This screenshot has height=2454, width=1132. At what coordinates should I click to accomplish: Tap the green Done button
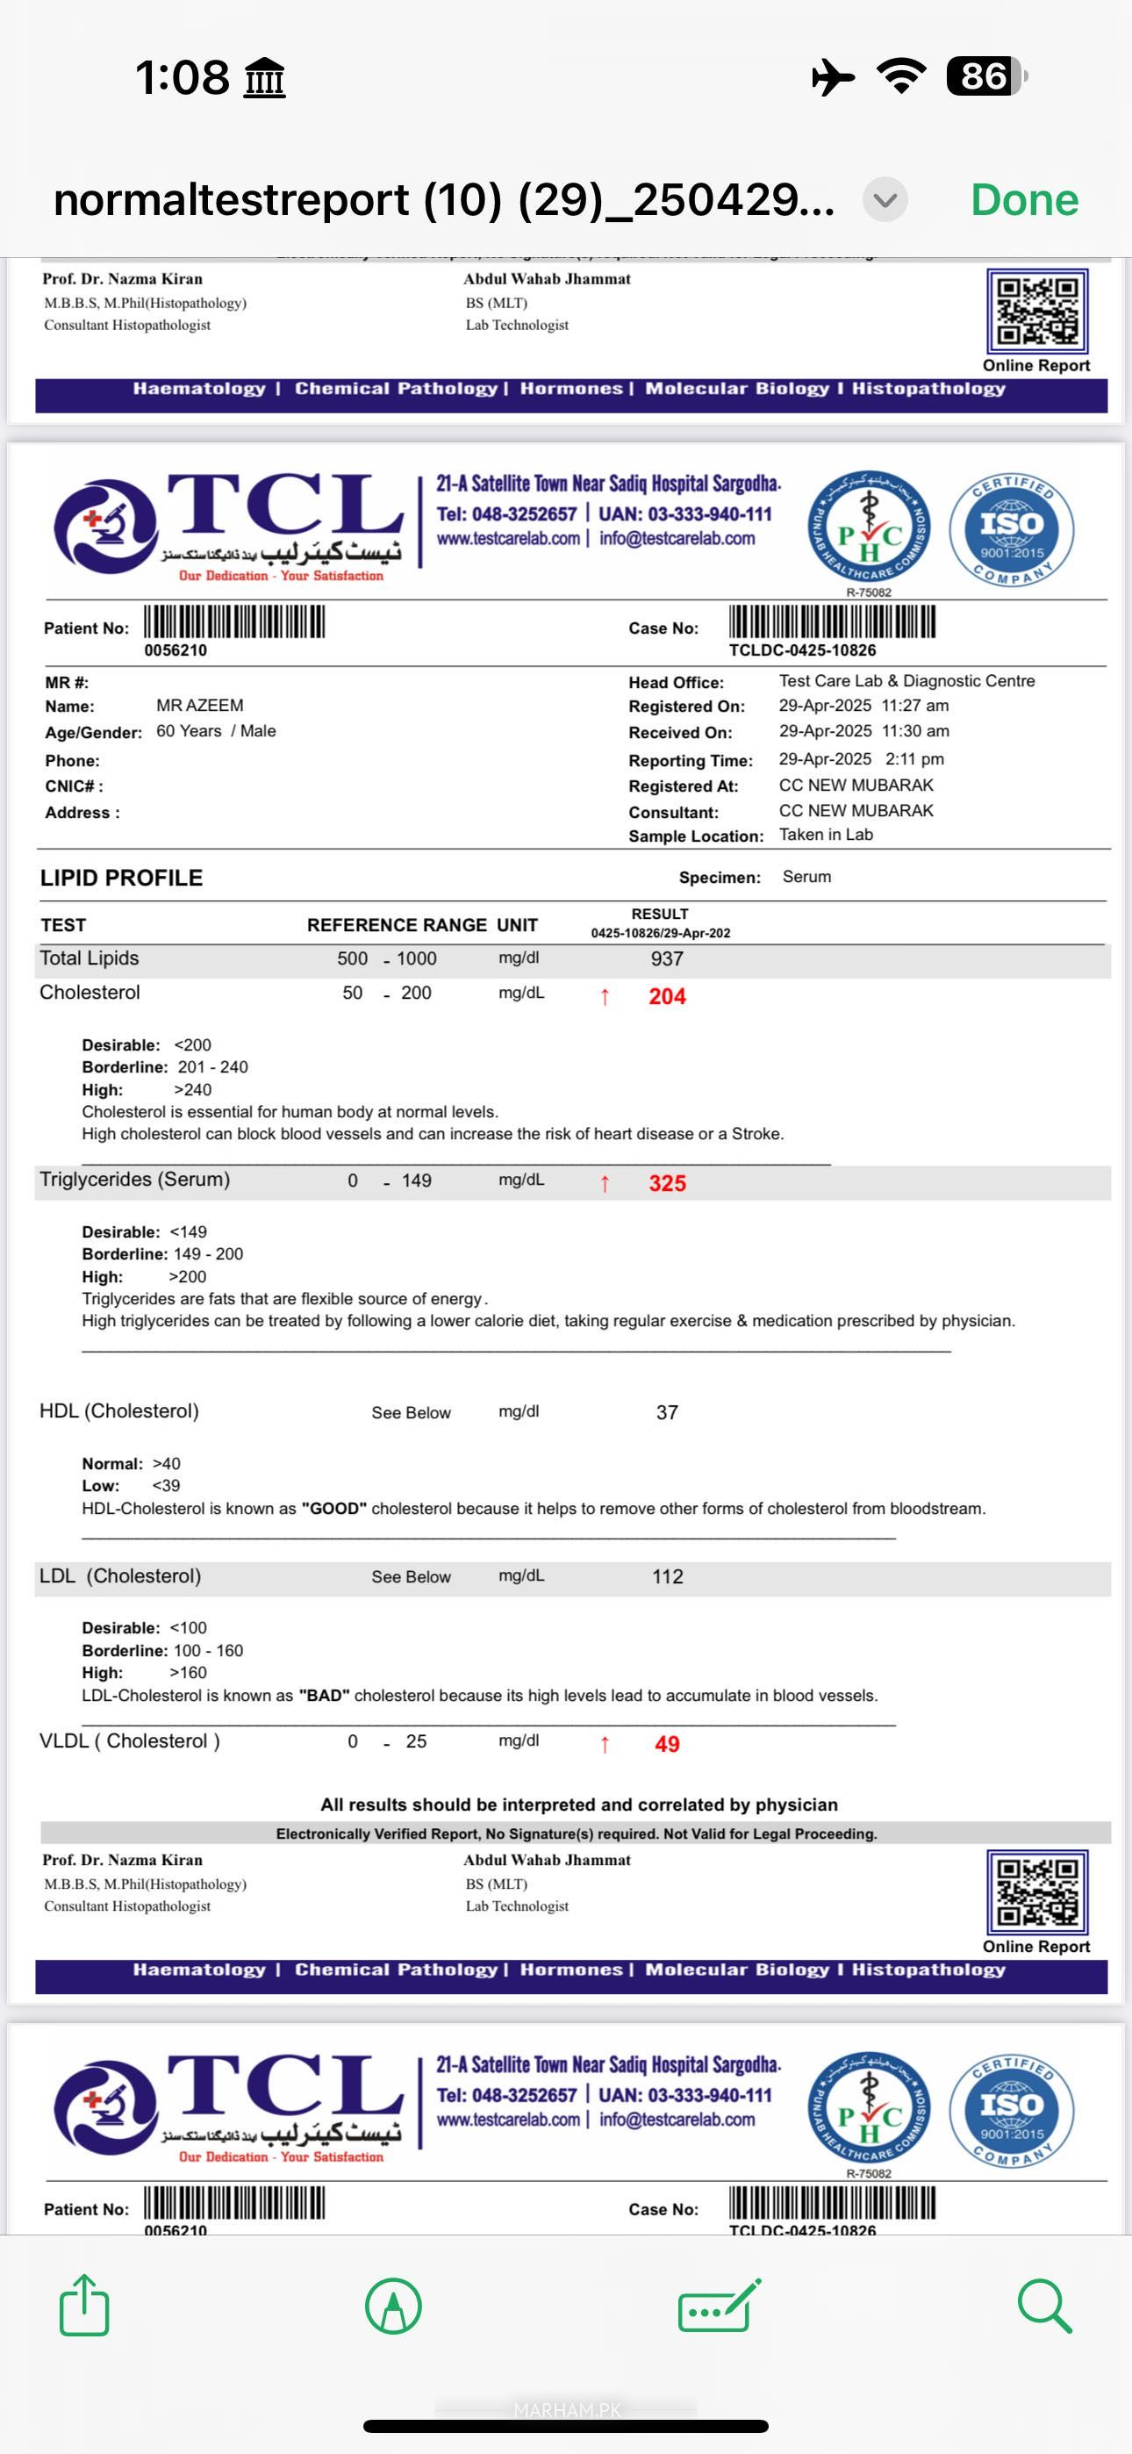[x=1024, y=200]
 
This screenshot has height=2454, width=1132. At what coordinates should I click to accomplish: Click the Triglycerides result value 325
[x=667, y=1183]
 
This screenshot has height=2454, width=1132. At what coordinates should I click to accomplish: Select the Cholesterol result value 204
[x=667, y=996]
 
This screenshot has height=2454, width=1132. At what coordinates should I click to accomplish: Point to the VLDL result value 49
[x=667, y=1744]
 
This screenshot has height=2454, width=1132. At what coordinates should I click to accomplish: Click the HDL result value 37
[x=667, y=1413]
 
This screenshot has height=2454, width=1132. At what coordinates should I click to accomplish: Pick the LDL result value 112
[x=667, y=1576]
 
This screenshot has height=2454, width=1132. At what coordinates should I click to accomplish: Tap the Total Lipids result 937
[x=667, y=959]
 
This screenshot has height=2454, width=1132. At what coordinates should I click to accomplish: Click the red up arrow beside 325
[x=604, y=1183]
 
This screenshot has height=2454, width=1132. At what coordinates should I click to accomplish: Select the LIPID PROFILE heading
[x=121, y=879]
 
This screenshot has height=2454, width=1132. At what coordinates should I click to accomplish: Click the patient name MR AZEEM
[x=200, y=706]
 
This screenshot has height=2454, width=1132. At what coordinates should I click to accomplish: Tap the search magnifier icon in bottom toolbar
[x=1044, y=2307]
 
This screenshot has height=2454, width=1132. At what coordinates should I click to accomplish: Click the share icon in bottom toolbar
[x=84, y=2306]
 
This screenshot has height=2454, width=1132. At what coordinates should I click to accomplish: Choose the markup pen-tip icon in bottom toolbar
[x=393, y=2307]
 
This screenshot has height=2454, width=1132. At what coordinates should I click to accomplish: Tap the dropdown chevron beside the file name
[x=885, y=200]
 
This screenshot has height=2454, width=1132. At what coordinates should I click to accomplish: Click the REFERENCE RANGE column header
[x=397, y=925]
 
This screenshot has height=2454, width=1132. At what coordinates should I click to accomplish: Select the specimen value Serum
[x=806, y=877]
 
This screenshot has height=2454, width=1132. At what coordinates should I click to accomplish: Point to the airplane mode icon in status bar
[x=833, y=77]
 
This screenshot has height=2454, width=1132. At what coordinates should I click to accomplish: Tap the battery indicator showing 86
[x=986, y=77]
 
